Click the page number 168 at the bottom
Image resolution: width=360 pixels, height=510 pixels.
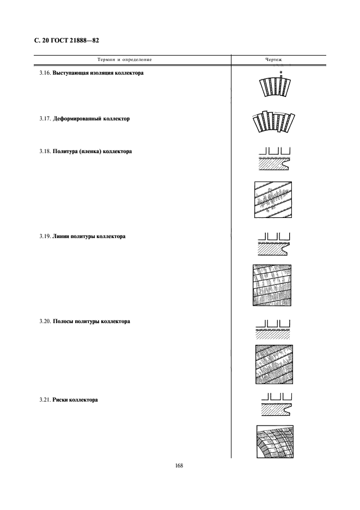coord(179,465)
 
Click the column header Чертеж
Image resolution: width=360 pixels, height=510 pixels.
coord(273,59)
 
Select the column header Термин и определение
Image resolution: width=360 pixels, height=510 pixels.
coord(125,59)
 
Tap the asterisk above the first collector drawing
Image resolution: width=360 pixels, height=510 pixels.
coord(280,72)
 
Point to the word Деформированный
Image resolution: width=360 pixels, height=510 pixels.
coord(77,119)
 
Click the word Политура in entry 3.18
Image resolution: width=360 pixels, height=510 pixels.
coord(64,151)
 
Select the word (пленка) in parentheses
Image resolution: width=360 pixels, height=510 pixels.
coord(89,151)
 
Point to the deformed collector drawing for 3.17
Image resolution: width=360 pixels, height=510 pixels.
coord(273,122)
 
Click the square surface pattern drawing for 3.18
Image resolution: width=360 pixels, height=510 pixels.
coord(273,200)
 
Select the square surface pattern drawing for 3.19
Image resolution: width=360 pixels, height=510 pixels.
coord(272,286)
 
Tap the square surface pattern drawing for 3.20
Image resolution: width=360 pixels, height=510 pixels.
coord(274,365)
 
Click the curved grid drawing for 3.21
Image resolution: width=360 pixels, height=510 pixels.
coord(275,441)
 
